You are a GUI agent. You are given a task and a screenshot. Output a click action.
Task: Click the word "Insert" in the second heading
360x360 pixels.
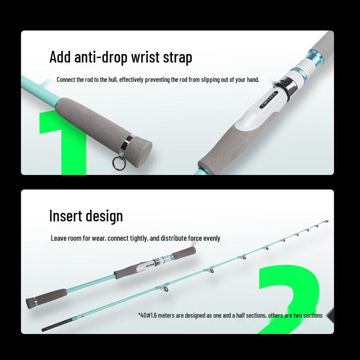65,216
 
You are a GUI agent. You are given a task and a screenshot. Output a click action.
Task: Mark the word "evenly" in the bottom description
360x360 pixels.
211,238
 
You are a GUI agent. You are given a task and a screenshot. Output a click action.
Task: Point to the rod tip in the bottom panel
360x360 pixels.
327,221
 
